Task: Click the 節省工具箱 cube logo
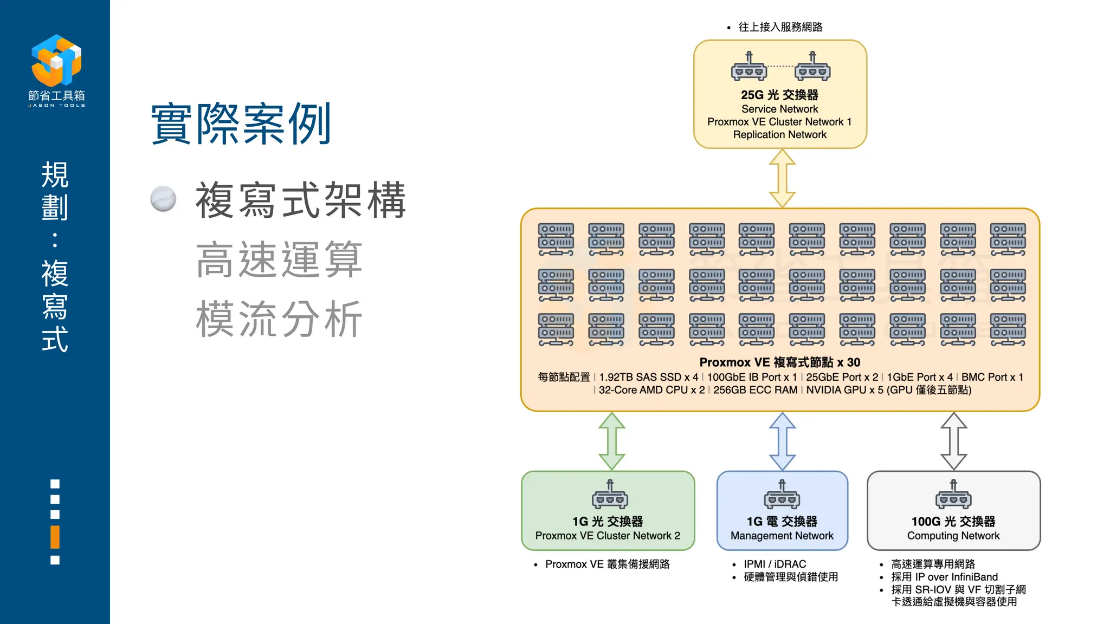tap(56, 60)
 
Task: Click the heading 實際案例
tap(241, 124)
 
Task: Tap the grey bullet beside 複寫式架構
tap(163, 199)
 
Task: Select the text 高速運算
tap(279, 260)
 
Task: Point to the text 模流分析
tap(279, 319)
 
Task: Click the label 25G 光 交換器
tap(779, 95)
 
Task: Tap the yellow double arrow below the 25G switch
tap(782, 178)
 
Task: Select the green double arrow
tap(612, 441)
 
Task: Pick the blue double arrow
tap(782, 441)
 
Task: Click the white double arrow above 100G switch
tap(953, 441)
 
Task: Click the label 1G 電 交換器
tap(782, 522)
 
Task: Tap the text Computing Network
tap(953, 536)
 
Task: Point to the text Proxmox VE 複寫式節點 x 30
tap(779, 362)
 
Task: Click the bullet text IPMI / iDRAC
tap(775, 564)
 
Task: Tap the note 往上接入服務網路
tap(780, 27)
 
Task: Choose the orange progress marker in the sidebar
tap(55, 537)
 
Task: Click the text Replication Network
tap(779, 134)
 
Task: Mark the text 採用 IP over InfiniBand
tap(944, 577)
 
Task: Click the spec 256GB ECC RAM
tap(755, 390)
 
